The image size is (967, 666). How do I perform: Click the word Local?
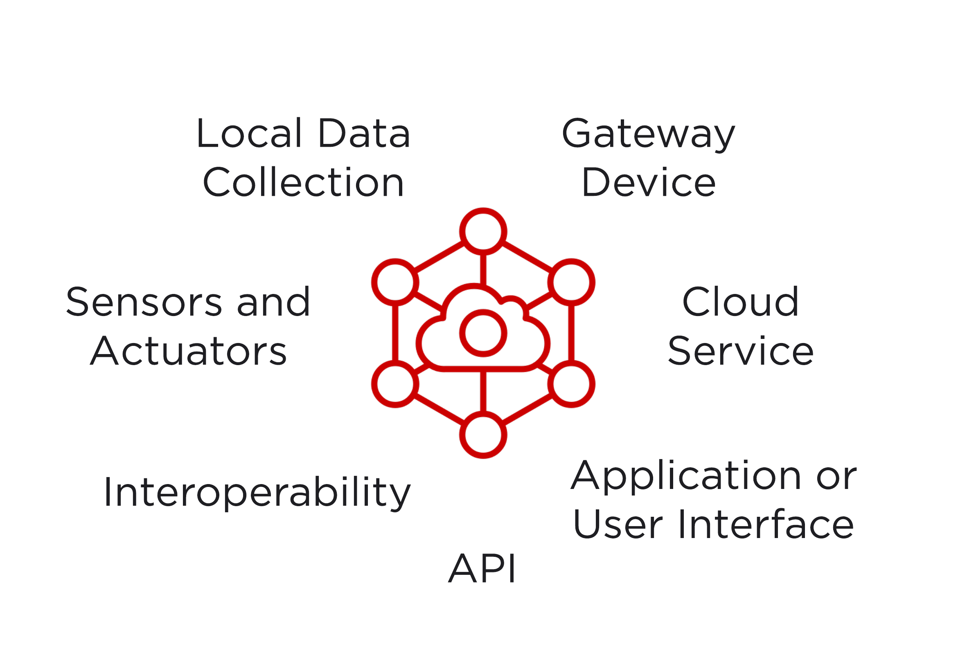click(x=249, y=134)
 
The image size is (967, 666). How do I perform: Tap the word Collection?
click(x=303, y=183)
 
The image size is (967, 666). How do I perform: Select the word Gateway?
click(x=648, y=134)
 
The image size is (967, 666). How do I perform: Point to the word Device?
click(x=648, y=183)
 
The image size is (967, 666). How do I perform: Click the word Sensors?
click(x=144, y=303)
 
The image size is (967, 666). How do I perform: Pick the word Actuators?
click(x=188, y=351)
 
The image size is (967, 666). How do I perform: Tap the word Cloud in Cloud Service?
click(x=740, y=303)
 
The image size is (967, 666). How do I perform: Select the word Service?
click(x=740, y=351)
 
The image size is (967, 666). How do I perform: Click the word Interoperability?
click(x=257, y=493)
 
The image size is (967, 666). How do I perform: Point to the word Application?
click(x=685, y=476)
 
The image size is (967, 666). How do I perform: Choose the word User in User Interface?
click(x=618, y=525)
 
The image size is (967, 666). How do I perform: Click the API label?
click(x=482, y=569)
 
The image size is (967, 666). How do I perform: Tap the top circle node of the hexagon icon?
click(x=483, y=231)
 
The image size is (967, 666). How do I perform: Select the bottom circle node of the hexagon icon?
click(x=483, y=435)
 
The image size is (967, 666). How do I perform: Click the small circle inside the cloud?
click(x=483, y=333)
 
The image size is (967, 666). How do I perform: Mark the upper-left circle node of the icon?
click(x=395, y=282)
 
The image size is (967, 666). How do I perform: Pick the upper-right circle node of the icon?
click(x=571, y=282)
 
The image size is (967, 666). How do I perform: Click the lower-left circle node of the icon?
click(x=395, y=384)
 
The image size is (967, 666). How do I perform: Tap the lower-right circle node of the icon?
click(x=571, y=384)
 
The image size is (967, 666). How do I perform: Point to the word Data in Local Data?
click(x=364, y=134)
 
